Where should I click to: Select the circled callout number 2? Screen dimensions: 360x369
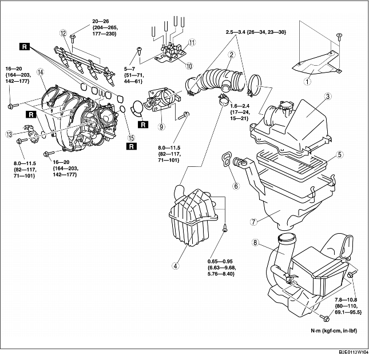click(232, 55)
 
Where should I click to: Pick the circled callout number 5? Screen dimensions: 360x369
click(339, 154)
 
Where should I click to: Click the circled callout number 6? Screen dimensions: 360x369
click(234, 186)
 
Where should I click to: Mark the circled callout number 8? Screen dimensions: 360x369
click(255, 243)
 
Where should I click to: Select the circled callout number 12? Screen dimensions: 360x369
click(63, 33)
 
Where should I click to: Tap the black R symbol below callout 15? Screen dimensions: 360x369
click(132, 146)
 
